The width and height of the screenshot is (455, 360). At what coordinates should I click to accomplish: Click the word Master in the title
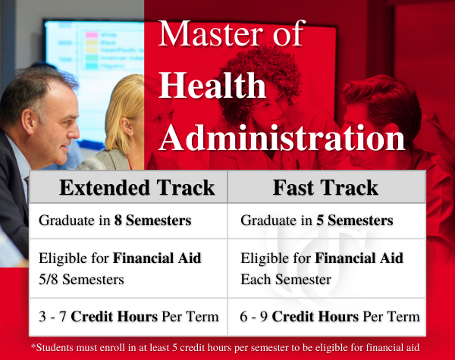[x=211, y=33]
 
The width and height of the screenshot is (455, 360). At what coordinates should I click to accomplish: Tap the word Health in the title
[x=212, y=85]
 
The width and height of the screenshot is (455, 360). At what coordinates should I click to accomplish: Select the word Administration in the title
[x=282, y=137]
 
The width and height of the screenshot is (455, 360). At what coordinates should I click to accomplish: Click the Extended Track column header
[x=137, y=187]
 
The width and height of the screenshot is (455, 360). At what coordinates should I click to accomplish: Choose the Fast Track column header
[x=325, y=187]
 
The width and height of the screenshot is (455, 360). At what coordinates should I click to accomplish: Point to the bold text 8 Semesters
[x=152, y=221]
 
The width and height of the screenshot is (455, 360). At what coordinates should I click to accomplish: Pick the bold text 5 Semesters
[x=355, y=221]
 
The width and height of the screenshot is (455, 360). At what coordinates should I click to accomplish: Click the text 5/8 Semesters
[x=81, y=280]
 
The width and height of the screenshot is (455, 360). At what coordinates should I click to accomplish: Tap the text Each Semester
[x=286, y=280]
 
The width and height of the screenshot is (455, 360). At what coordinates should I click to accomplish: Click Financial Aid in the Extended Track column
[x=157, y=258]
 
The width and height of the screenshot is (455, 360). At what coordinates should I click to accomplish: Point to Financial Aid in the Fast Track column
[x=359, y=258]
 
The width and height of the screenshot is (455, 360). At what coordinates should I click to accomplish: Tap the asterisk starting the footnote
[x=33, y=346]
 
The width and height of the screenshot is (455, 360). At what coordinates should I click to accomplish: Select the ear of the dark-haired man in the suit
[x=29, y=121]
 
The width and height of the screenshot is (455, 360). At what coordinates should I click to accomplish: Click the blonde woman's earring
[x=132, y=133]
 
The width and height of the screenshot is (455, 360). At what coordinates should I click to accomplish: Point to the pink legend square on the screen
[x=92, y=35]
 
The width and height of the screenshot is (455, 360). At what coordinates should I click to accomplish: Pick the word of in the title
[x=288, y=33]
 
